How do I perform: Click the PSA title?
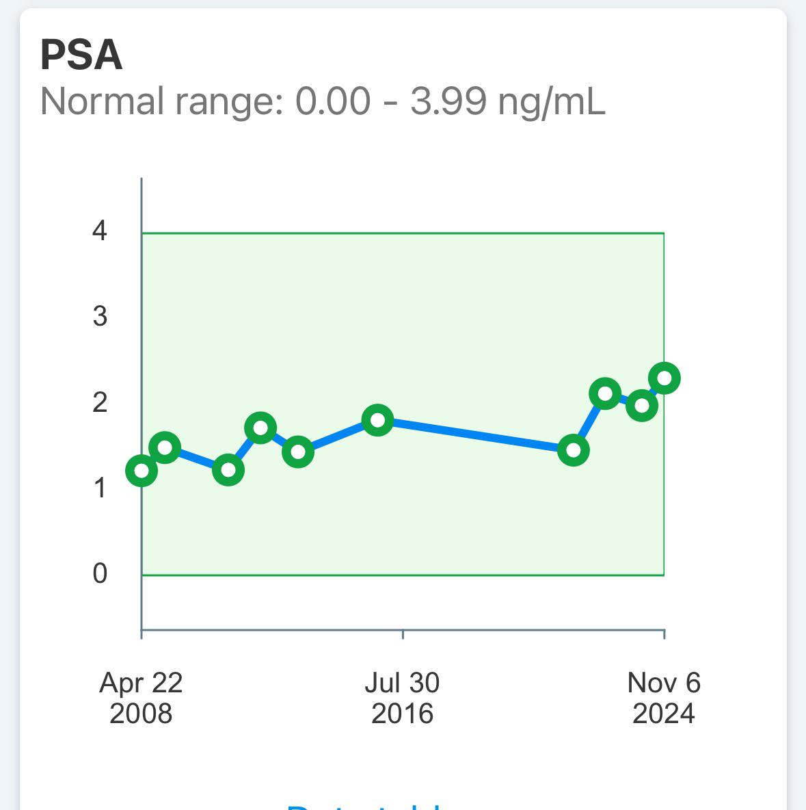(x=81, y=55)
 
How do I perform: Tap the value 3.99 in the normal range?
(x=448, y=102)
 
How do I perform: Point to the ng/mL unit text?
(x=552, y=102)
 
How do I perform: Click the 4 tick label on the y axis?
(x=100, y=231)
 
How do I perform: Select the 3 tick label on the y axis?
(x=100, y=317)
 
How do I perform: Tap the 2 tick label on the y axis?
(x=100, y=402)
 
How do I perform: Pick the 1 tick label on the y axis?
(x=100, y=488)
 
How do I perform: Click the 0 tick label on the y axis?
(x=100, y=573)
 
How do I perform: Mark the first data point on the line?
(x=142, y=471)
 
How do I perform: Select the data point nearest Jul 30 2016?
(x=378, y=420)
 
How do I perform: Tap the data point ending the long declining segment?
(x=574, y=450)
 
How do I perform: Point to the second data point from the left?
(x=165, y=448)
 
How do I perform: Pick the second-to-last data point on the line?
(x=642, y=405)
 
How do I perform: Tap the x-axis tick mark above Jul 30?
(x=403, y=633)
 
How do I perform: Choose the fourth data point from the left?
(x=260, y=428)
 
